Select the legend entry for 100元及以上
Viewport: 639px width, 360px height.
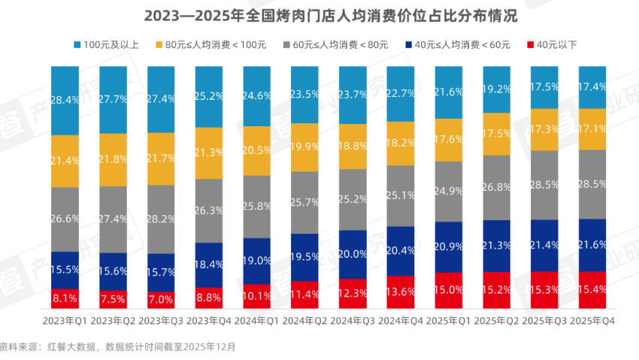106,45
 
